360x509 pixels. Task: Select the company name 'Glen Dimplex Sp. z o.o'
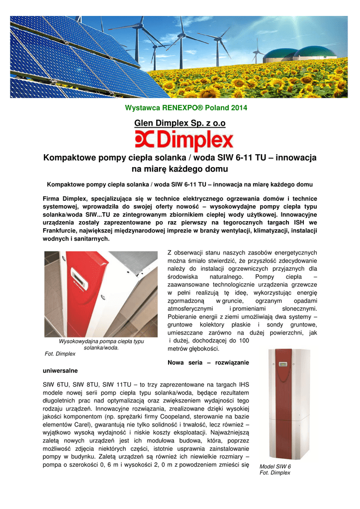tap(180, 123)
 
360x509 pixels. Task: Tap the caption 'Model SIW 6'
tap(275, 467)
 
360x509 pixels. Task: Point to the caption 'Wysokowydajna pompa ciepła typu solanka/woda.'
tap(101, 344)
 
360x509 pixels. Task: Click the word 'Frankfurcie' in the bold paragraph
tap(64, 231)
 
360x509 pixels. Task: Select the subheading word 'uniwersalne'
tap(60, 371)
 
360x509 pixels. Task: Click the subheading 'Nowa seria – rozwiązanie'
tap(208, 362)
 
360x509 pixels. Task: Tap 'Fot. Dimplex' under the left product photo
tap(60, 354)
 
